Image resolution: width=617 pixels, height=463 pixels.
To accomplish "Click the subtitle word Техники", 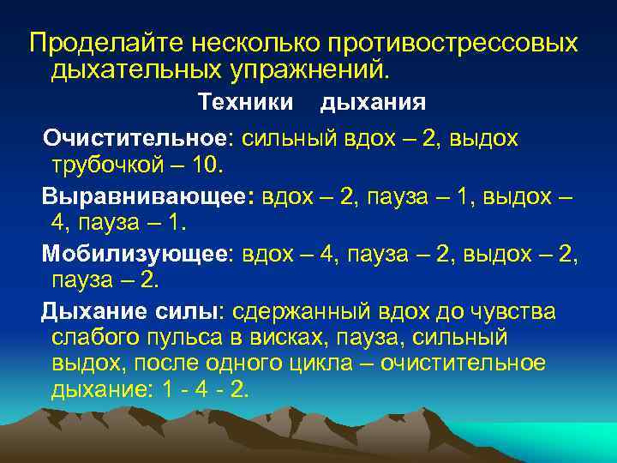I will click(245, 103).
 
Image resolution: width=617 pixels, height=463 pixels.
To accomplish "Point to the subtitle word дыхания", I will click(373, 103).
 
